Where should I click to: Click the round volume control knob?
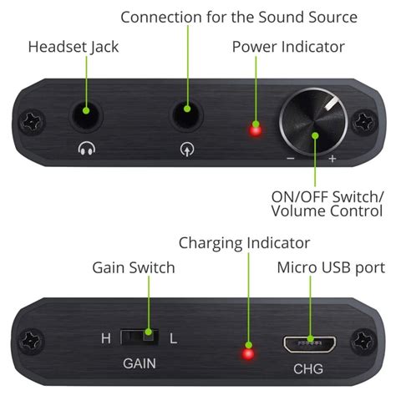[x=314, y=123]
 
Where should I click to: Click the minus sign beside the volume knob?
[x=290, y=158]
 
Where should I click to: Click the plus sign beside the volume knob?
[x=332, y=158]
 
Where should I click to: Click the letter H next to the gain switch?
[x=105, y=338]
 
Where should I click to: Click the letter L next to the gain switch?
[x=174, y=338]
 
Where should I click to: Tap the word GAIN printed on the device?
[x=140, y=365]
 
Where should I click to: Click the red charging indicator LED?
[x=247, y=353]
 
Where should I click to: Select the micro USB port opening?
[x=309, y=343]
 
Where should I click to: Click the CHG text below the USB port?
[x=308, y=368]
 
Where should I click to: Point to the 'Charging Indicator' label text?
[x=244, y=242]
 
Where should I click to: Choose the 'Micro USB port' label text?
[x=331, y=267]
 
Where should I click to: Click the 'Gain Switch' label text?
[x=133, y=267]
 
